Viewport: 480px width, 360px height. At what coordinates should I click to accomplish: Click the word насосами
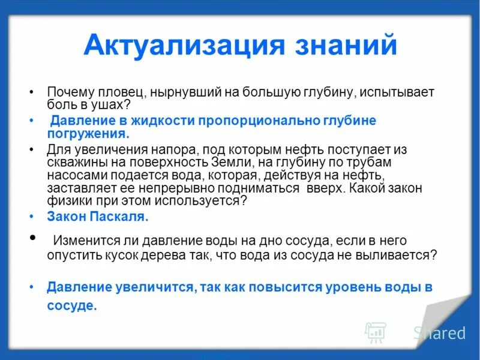point(73,175)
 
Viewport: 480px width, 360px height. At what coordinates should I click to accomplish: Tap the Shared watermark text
point(439,333)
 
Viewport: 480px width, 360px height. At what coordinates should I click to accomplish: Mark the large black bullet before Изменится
point(32,238)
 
